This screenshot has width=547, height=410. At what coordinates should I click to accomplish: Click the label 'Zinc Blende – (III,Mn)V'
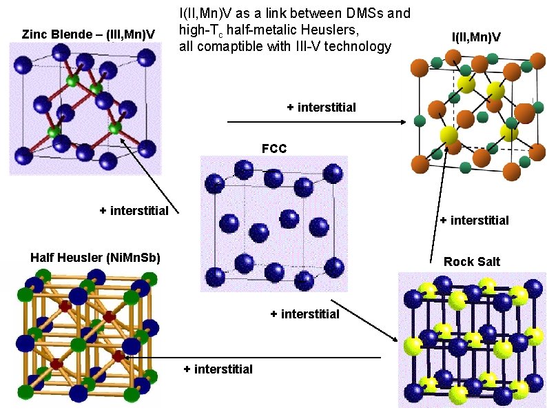[x=88, y=34]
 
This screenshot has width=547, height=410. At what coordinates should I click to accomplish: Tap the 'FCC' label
[x=273, y=148]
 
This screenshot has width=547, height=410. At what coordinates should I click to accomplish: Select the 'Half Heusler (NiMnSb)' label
[x=95, y=258]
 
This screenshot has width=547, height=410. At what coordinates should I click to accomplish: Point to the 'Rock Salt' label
[x=472, y=261]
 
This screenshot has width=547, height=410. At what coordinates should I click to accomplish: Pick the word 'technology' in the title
[x=358, y=47]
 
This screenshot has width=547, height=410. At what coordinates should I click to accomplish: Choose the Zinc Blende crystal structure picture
[x=85, y=107]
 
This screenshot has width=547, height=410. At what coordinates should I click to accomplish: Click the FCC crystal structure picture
[x=273, y=223]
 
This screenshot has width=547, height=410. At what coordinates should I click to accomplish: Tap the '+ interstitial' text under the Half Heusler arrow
[x=218, y=369]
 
